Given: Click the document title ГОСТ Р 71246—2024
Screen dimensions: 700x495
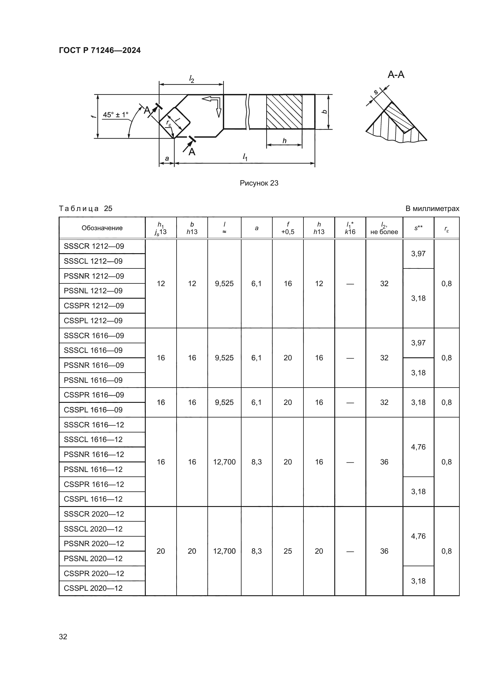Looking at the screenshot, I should pyautogui.click(x=100, y=50).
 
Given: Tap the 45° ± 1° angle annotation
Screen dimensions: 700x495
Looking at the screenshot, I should pyautogui.click(x=116, y=115).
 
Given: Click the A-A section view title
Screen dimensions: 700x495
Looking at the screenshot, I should pyautogui.click(x=396, y=75).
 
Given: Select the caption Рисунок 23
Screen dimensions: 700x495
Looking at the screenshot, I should pyautogui.click(x=259, y=183).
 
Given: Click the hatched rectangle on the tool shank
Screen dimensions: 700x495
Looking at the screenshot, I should pyautogui.click(x=284, y=112).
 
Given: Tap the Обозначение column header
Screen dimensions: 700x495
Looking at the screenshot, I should pyautogui.click(x=102, y=228).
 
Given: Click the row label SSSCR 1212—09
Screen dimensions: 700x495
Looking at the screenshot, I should pyautogui.click(x=94, y=246).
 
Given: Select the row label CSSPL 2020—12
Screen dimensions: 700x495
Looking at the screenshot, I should pyautogui.click(x=93, y=588).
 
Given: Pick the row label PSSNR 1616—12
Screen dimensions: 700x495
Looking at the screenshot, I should pyautogui.click(x=94, y=454).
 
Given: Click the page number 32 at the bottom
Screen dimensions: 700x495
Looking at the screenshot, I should pyautogui.click(x=63, y=637).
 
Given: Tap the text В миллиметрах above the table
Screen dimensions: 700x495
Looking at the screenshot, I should pyautogui.click(x=432, y=209).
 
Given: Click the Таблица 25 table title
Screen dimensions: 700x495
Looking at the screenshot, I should pyautogui.click(x=86, y=209).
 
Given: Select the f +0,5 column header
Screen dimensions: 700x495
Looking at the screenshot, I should pyautogui.click(x=287, y=228).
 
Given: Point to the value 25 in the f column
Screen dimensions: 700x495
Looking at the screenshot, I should pyautogui.click(x=287, y=551).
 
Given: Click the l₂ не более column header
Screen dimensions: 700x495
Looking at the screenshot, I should pyautogui.click(x=384, y=228).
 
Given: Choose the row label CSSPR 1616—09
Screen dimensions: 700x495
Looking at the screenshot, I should pyautogui.click(x=94, y=395).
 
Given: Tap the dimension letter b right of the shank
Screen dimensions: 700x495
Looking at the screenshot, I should pyautogui.click(x=325, y=112).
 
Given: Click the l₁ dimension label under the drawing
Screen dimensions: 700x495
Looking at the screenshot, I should pyautogui.click(x=245, y=157).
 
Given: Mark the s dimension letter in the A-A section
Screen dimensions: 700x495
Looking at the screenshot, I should pyautogui.click(x=376, y=92).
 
